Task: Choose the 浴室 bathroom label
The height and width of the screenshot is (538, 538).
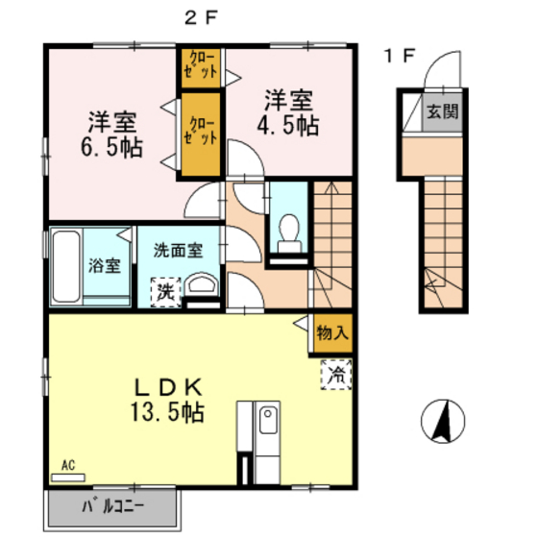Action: (106, 265)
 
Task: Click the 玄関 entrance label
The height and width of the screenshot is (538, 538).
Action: (443, 110)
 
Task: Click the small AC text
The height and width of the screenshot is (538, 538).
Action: (68, 466)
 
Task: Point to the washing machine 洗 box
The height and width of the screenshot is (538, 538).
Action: (166, 290)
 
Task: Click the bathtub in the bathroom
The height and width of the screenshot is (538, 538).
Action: (65, 265)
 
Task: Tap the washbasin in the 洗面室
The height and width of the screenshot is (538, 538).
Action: (201, 286)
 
